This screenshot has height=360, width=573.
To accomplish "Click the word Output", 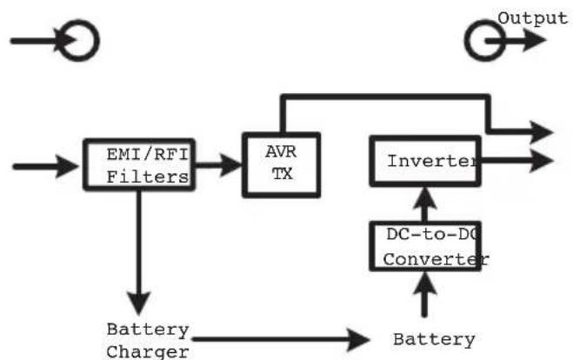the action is click(x=532, y=18).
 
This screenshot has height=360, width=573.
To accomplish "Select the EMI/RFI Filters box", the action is click(x=84, y=164).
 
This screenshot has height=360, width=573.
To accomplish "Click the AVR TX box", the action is click(x=244, y=165).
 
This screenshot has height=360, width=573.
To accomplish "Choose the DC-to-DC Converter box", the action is click(x=370, y=246).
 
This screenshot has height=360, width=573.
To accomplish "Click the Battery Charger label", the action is click(x=148, y=341).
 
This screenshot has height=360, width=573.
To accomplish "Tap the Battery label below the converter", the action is click(x=434, y=340).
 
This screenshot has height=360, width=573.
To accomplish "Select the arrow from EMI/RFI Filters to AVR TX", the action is click(x=218, y=165).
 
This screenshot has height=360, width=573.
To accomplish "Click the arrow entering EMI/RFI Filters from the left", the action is click(x=45, y=167).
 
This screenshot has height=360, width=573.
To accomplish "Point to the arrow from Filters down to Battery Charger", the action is click(x=139, y=252).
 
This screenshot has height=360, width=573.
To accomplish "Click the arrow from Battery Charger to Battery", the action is click(x=281, y=339).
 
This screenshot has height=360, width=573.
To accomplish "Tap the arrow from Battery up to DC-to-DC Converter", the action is click(x=424, y=294).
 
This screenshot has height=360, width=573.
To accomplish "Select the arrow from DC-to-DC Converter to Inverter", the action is click(x=424, y=204).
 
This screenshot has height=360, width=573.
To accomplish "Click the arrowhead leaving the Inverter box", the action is click(x=541, y=161).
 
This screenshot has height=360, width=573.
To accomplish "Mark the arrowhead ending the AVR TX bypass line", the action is click(x=541, y=132).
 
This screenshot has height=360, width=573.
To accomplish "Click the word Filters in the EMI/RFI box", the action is click(x=148, y=177).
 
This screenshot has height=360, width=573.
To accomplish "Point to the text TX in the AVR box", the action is click(x=282, y=174).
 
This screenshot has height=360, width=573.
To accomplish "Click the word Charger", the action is click(x=148, y=352).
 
